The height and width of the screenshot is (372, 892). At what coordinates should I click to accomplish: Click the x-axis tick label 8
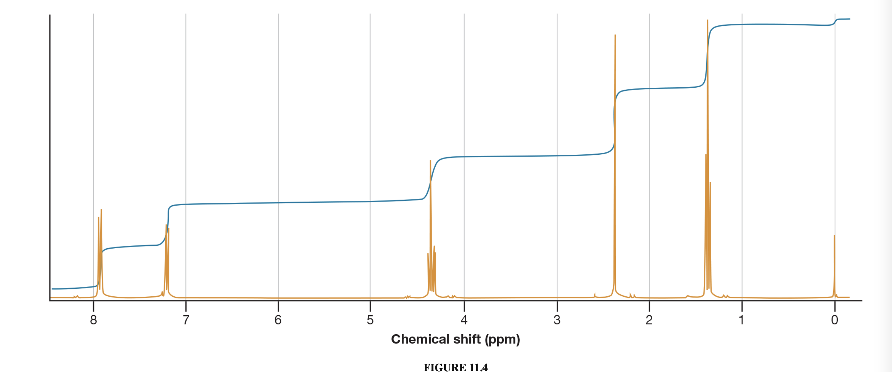tap(93, 320)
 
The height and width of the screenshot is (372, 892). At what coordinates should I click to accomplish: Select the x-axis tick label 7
tap(186, 320)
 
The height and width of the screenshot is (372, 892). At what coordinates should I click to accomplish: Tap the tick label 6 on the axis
tap(278, 320)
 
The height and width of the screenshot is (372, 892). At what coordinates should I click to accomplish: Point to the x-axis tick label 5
tap(370, 320)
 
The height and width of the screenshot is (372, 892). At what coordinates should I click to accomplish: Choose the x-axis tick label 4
tap(464, 320)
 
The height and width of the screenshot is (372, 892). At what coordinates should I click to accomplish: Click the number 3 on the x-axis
tap(557, 320)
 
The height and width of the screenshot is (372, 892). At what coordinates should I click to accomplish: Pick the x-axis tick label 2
tap(649, 320)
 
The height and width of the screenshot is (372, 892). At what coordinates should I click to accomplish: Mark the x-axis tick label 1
tap(742, 320)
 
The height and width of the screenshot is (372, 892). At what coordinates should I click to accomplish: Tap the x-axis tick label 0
tap(835, 320)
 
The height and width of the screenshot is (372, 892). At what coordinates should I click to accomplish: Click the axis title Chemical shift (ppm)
tap(455, 339)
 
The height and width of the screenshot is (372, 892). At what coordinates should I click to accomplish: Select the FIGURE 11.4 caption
tap(455, 367)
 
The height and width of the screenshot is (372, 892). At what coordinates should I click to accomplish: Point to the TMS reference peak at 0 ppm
tap(834, 263)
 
